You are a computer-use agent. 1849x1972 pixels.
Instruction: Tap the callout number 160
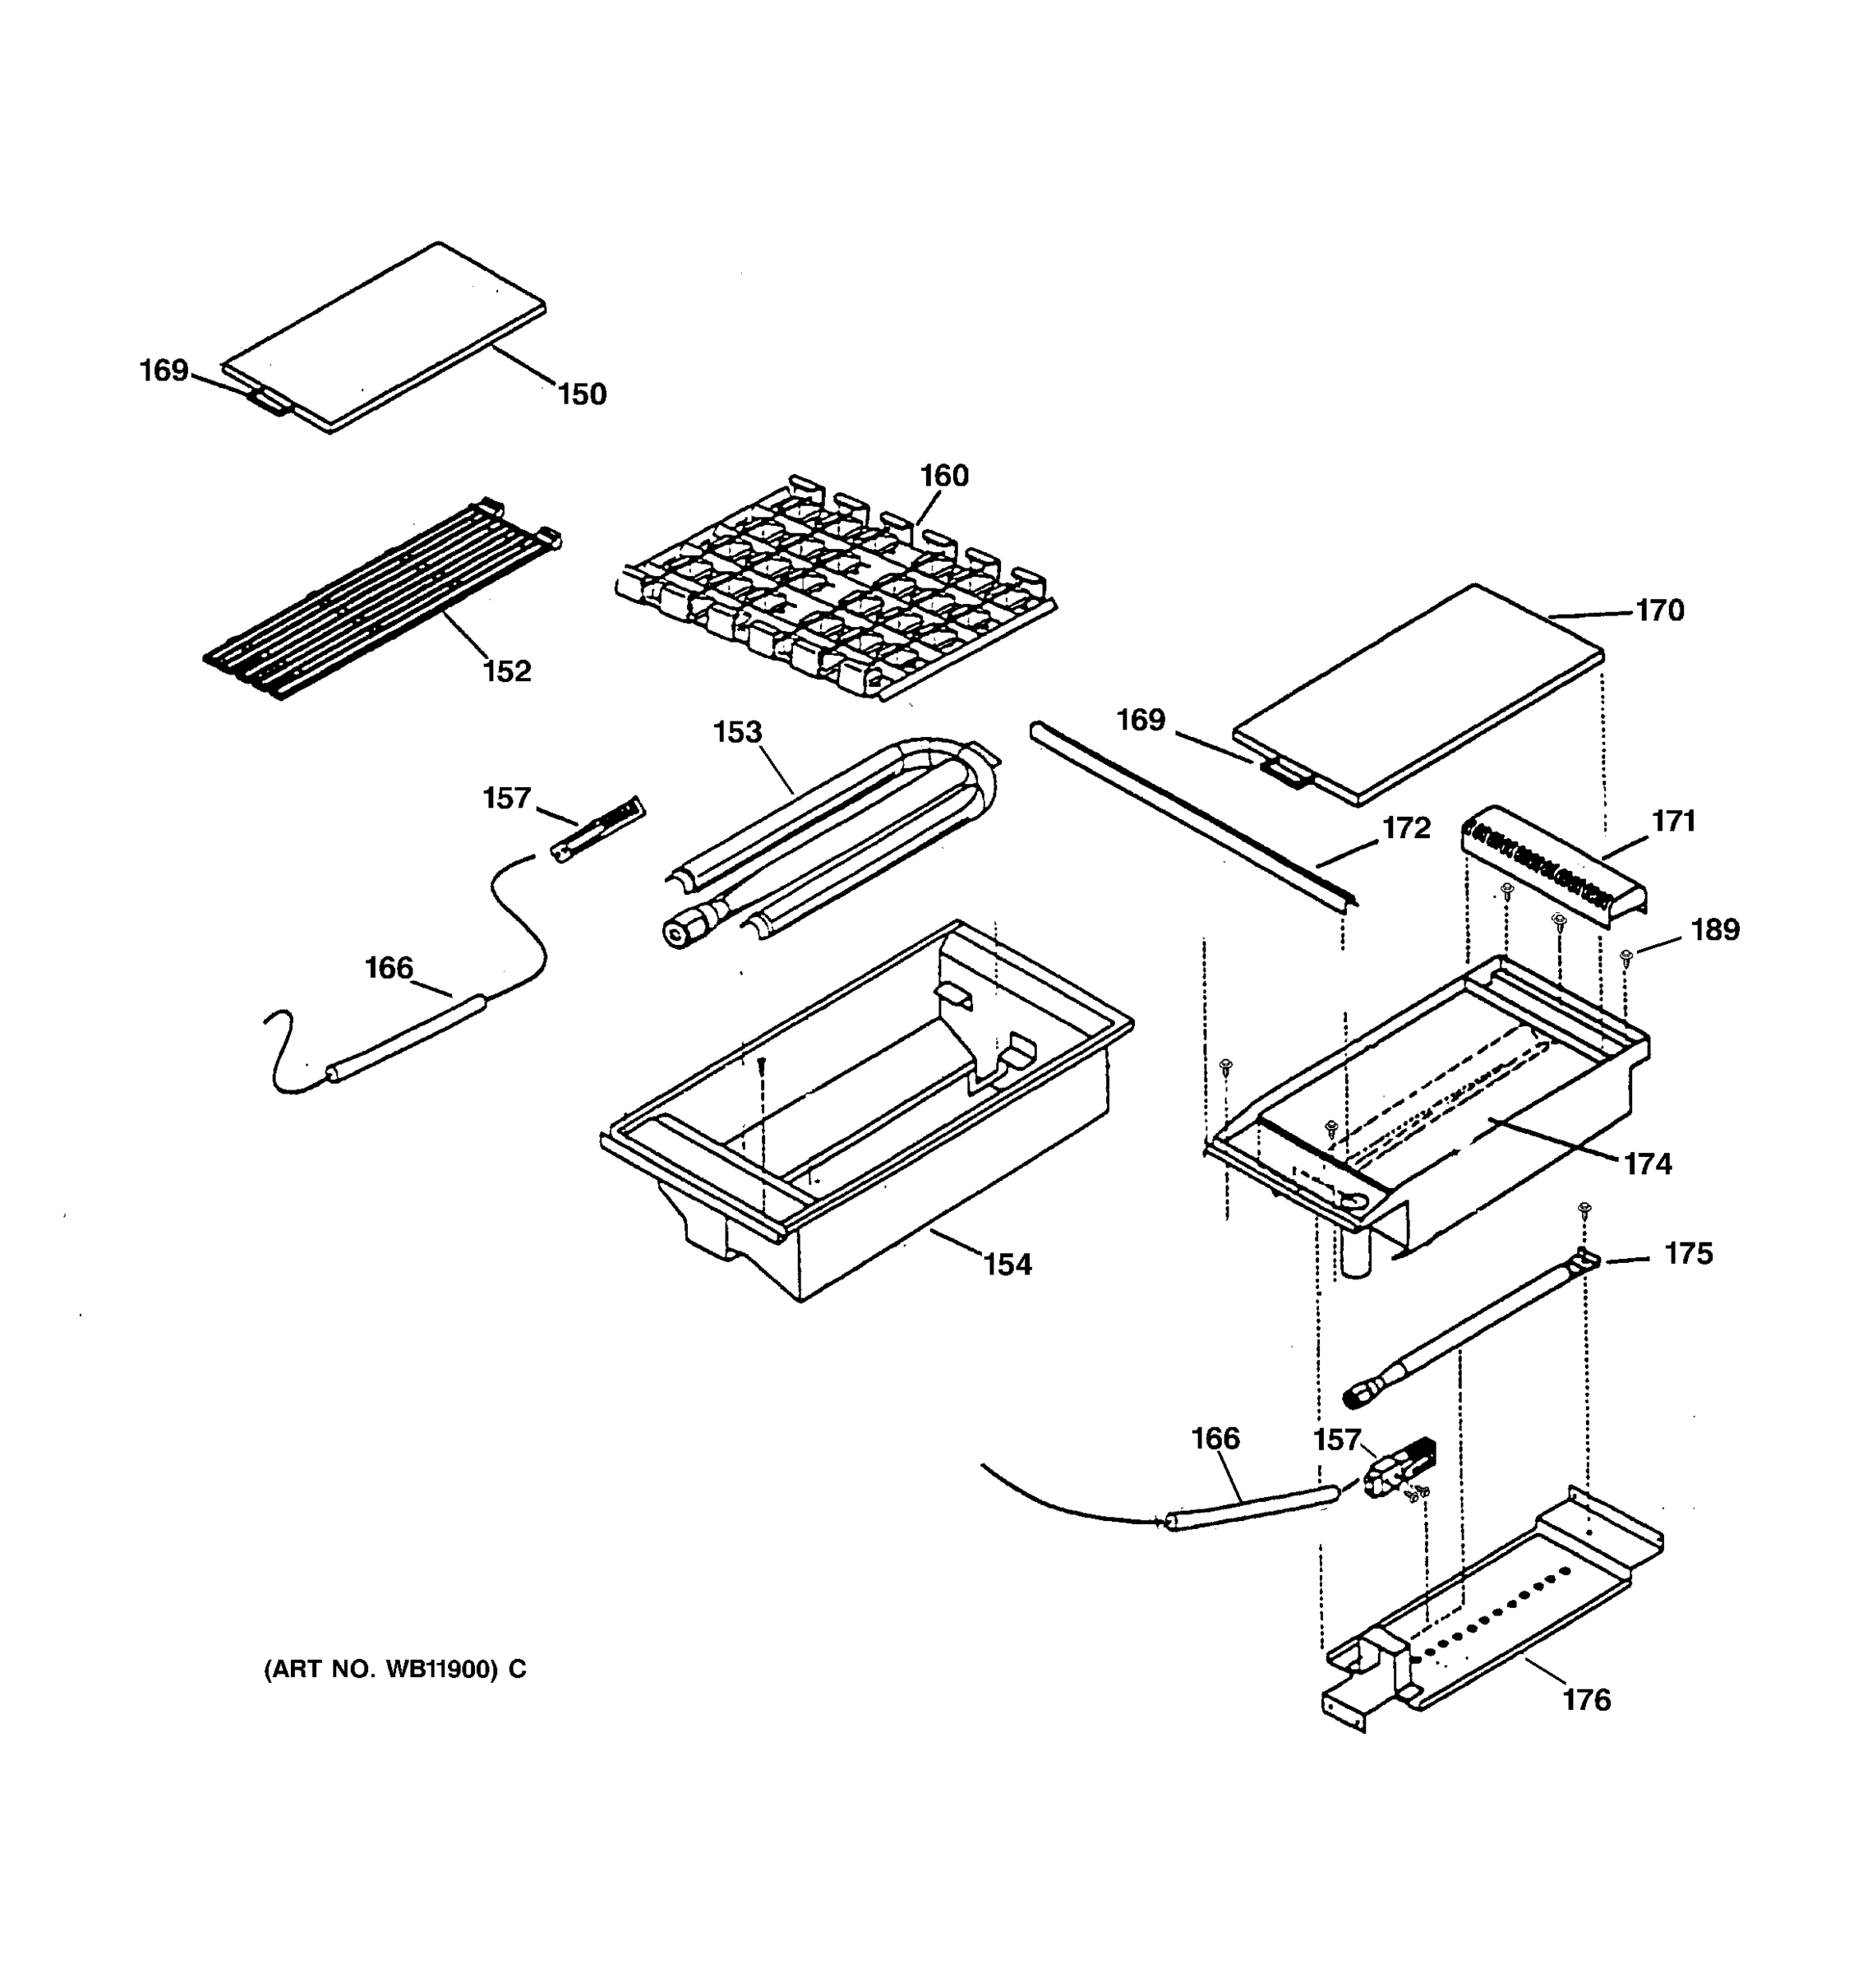point(943,476)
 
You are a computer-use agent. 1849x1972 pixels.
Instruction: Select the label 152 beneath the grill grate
point(507,671)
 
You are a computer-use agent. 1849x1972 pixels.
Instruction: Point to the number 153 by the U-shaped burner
point(737,732)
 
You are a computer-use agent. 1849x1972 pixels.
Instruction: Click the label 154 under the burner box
point(1007,1265)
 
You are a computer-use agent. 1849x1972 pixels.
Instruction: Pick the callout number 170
point(1659,610)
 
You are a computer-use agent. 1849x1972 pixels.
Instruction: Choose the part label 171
point(1673,822)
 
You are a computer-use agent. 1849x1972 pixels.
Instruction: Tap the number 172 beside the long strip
point(1407,828)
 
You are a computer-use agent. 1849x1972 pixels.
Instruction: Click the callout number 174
point(1648,1163)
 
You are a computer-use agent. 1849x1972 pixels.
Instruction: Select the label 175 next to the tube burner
point(1688,1254)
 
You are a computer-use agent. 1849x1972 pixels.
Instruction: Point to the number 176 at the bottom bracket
point(1587,1701)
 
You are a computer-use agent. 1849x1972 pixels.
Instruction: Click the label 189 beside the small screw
point(1715,930)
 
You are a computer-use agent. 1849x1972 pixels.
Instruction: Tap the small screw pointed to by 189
point(1625,956)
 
